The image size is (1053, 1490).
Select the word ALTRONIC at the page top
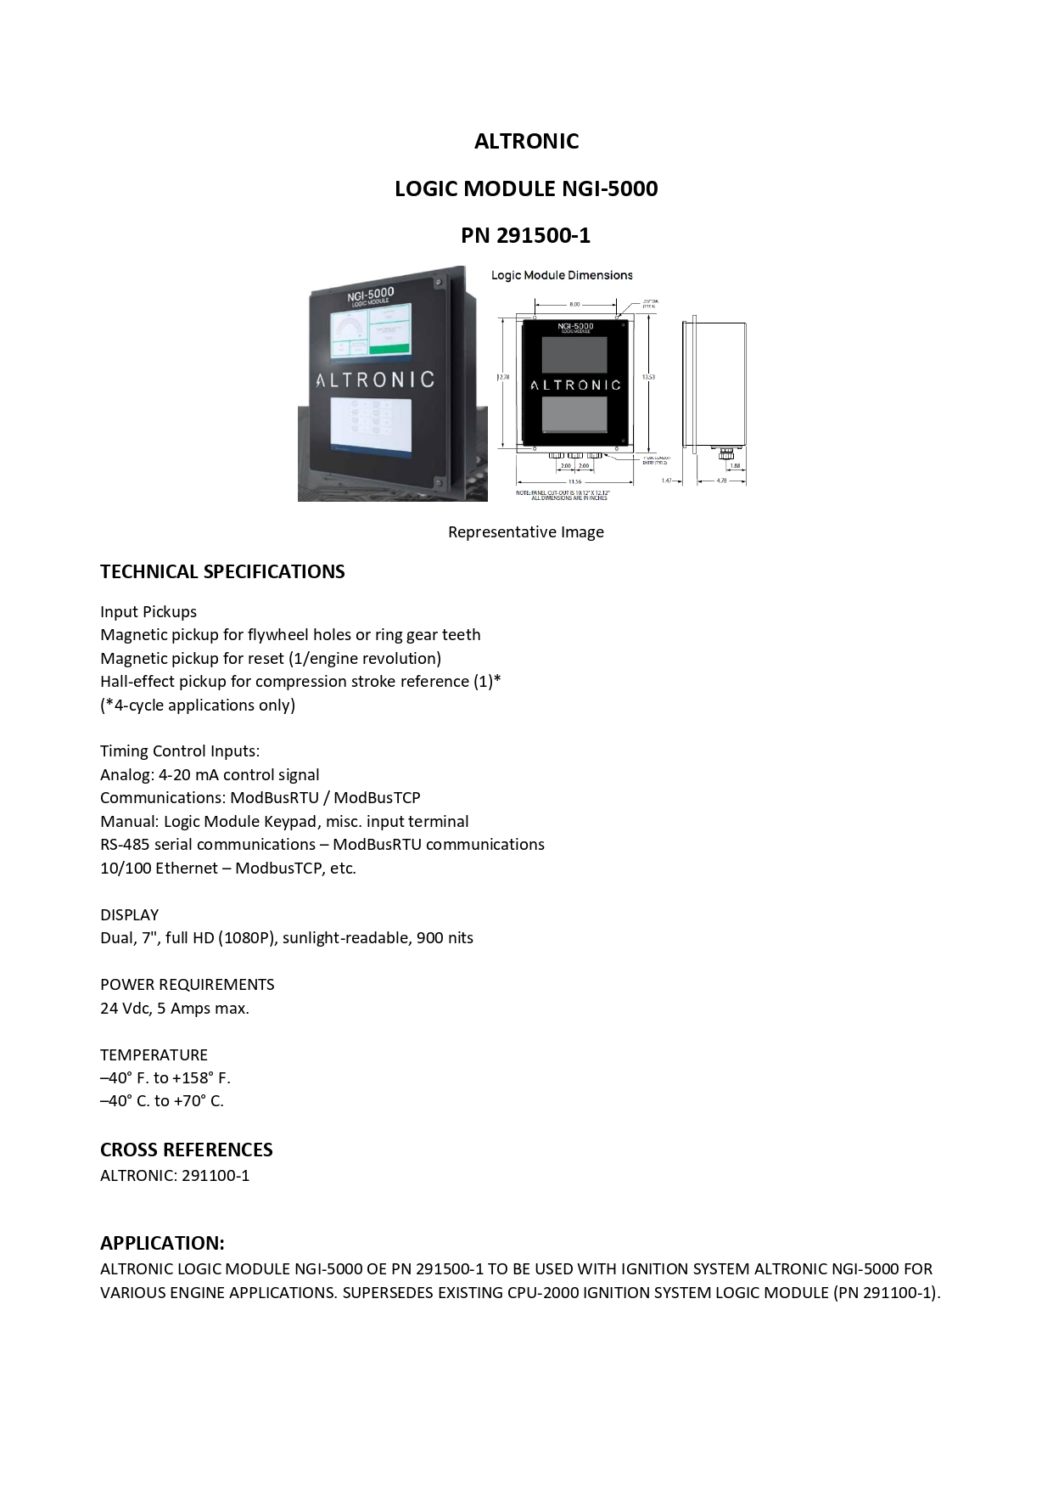click(526, 141)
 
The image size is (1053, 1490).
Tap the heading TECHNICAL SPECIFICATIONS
click(222, 571)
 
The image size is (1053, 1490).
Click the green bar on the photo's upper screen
click(389, 348)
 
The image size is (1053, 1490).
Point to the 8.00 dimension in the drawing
click(574, 303)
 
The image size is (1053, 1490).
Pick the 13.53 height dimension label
click(649, 376)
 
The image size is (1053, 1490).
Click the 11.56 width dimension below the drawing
click(574, 481)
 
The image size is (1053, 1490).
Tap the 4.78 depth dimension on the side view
click(721, 481)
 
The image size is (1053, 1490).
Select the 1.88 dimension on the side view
click(734, 466)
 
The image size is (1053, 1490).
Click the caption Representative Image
click(526, 532)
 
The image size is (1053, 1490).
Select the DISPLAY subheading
click(129, 914)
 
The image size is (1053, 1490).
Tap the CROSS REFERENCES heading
click(187, 1150)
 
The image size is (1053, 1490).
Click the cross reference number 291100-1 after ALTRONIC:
click(216, 1176)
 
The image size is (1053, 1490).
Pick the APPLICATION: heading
click(162, 1243)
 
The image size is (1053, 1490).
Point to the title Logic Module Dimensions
click(562, 275)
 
